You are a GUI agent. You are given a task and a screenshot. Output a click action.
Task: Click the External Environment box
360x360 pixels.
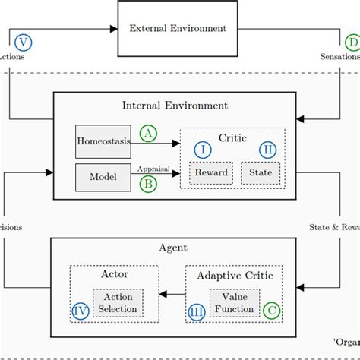coord(178,29)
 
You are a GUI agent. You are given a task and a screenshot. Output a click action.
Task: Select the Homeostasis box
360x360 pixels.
coord(103,141)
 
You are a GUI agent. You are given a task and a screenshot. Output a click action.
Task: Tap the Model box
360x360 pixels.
coord(103,176)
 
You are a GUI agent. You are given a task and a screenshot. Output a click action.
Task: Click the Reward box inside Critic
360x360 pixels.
coord(211,173)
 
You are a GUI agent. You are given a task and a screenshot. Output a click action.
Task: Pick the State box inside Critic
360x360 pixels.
coord(261,173)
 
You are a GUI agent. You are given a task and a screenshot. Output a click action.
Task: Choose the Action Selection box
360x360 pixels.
coord(118,303)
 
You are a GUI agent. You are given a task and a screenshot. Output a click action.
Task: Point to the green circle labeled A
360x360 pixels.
coord(148,134)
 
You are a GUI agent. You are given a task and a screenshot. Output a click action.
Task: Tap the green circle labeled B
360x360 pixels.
coord(148,182)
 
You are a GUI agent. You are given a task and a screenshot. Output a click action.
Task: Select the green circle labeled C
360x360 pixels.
coord(271,310)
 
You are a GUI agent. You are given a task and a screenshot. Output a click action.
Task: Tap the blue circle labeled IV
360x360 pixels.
coord(80,310)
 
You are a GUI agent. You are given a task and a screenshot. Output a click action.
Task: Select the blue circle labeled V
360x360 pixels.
coord(24,42)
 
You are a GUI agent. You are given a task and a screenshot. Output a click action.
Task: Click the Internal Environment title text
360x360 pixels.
coord(175,106)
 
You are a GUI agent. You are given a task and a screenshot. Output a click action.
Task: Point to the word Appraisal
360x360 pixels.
coord(152,169)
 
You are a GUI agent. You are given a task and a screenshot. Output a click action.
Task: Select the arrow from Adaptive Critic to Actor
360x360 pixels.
coord(175,295)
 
